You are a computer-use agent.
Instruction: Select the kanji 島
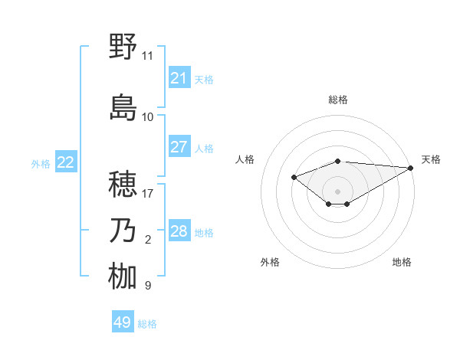coord(123,108)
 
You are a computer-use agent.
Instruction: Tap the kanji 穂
coord(123,185)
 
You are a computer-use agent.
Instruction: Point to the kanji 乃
coord(123,231)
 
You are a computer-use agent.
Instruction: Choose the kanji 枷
coord(123,277)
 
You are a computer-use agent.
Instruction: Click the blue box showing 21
coord(179,78)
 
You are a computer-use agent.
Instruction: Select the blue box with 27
coord(179,147)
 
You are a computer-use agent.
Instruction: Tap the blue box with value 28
coord(179,231)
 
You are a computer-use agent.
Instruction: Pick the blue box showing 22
coord(66,162)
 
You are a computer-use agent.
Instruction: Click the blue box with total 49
coord(123,322)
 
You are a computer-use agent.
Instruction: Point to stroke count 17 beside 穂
coord(147,193)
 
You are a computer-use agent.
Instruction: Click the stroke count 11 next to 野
coord(147,55)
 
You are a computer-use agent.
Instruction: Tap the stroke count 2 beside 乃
coord(147,240)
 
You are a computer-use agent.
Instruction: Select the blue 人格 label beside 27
coord(204,148)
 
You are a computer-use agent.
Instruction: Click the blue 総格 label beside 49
coord(147,323)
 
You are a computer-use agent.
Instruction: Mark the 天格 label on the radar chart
coord(431,159)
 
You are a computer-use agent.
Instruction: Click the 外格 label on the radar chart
coord(270,262)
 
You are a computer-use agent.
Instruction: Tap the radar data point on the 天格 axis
coord(411,168)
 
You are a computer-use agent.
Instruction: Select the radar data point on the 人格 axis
coord(294,177)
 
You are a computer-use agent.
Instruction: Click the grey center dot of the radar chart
coord(337,191)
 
